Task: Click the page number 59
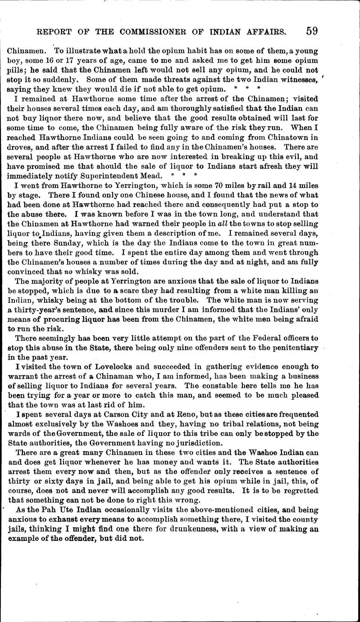click(312, 31)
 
